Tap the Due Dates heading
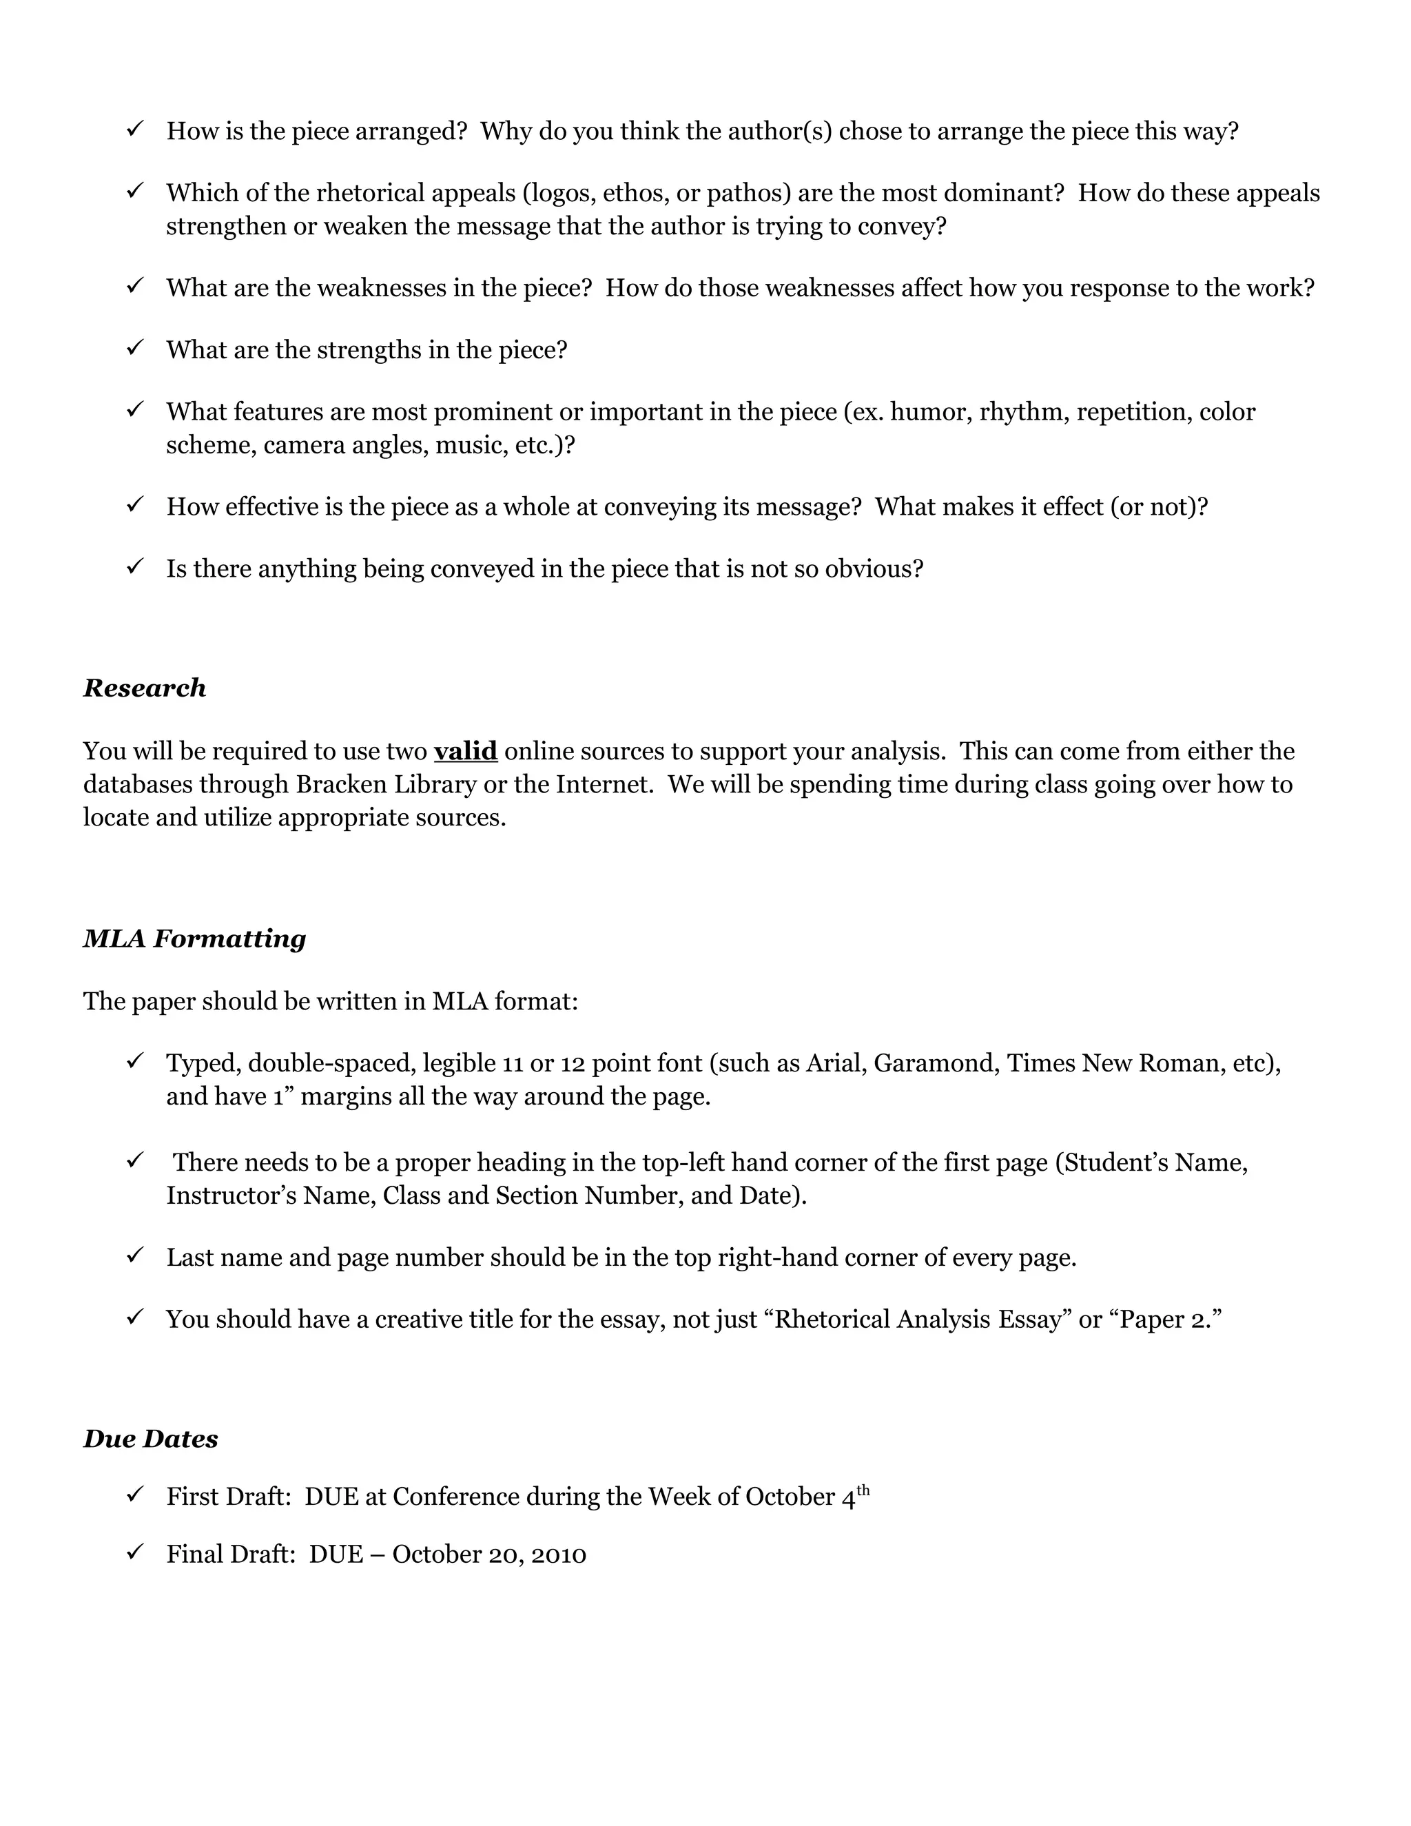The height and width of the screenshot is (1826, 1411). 150,1438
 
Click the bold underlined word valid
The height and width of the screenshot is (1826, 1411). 466,751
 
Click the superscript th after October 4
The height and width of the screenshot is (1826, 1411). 863,1490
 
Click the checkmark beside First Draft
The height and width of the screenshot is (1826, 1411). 136,1494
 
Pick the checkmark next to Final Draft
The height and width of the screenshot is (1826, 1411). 136,1552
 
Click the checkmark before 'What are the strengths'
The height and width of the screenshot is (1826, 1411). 136,348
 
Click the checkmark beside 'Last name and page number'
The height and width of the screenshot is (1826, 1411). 136,1255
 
